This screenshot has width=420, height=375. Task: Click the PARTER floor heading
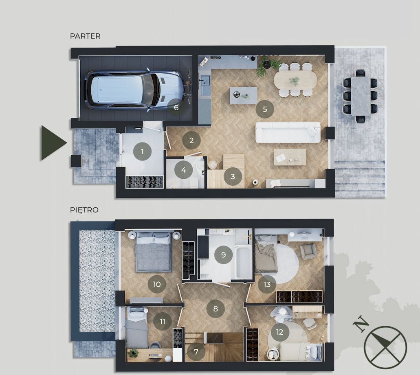pyautogui.click(x=85, y=36)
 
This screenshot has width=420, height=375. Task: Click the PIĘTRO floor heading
pyautogui.click(x=84, y=210)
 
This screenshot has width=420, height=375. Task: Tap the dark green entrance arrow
pyautogui.click(x=54, y=143)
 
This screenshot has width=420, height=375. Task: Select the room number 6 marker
pyautogui.click(x=176, y=107)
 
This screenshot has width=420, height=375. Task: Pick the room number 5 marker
pyautogui.click(x=265, y=109)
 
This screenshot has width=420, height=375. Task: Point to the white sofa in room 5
pyautogui.click(x=288, y=132)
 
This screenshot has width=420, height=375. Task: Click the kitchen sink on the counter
pyautogui.click(x=206, y=85)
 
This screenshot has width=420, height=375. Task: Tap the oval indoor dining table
pyautogui.click(x=295, y=79)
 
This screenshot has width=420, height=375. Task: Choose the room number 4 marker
pyautogui.click(x=183, y=170)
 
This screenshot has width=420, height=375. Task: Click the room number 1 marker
pyautogui.click(x=142, y=151)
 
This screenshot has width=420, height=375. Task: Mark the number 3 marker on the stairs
pyautogui.click(x=233, y=176)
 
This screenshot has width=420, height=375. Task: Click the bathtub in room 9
pyautogui.click(x=244, y=262)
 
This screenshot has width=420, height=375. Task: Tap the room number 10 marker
pyautogui.click(x=157, y=284)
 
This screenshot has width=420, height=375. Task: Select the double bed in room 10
pyautogui.click(x=154, y=252)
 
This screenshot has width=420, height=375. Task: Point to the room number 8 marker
pyautogui.click(x=215, y=309)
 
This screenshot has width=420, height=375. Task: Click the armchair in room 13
pyautogui.click(x=308, y=251)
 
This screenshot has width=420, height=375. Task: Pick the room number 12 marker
pyautogui.click(x=279, y=332)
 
